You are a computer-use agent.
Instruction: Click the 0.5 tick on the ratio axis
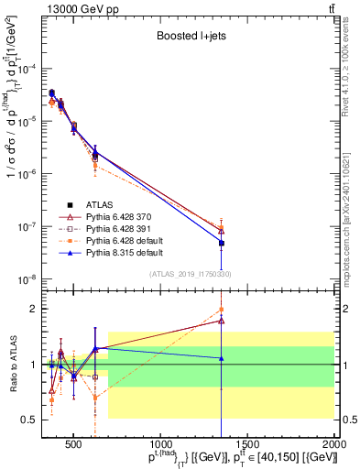click(32, 420)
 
